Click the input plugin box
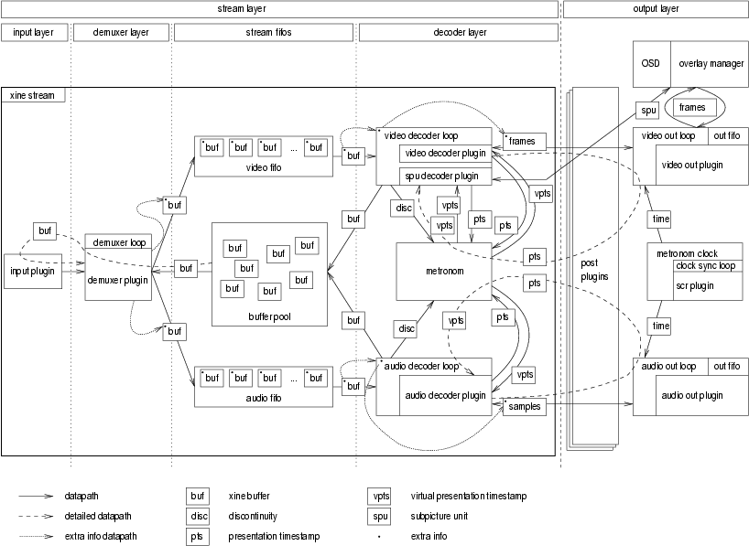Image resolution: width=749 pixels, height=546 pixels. click(34, 271)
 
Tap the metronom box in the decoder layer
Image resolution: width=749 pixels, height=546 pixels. click(440, 271)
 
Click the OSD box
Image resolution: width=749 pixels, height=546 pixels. click(651, 63)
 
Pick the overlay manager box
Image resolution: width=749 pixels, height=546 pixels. click(710, 63)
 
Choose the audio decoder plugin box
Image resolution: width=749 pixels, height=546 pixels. click(446, 396)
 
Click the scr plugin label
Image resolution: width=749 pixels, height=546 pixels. click(695, 285)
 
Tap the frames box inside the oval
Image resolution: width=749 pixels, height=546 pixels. click(692, 107)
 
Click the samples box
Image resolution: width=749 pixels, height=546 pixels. click(524, 406)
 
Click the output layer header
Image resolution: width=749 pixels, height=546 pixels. click(656, 8)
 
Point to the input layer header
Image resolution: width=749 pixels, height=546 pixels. click(34, 32)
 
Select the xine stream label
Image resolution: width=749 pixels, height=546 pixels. click(32, 94)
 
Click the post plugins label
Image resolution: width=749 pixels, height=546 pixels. click(595, 269)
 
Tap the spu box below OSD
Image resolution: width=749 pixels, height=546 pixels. click(649, 111)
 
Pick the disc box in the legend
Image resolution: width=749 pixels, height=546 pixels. click(198, 516)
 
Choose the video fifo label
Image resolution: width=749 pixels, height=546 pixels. click(263, 167)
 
